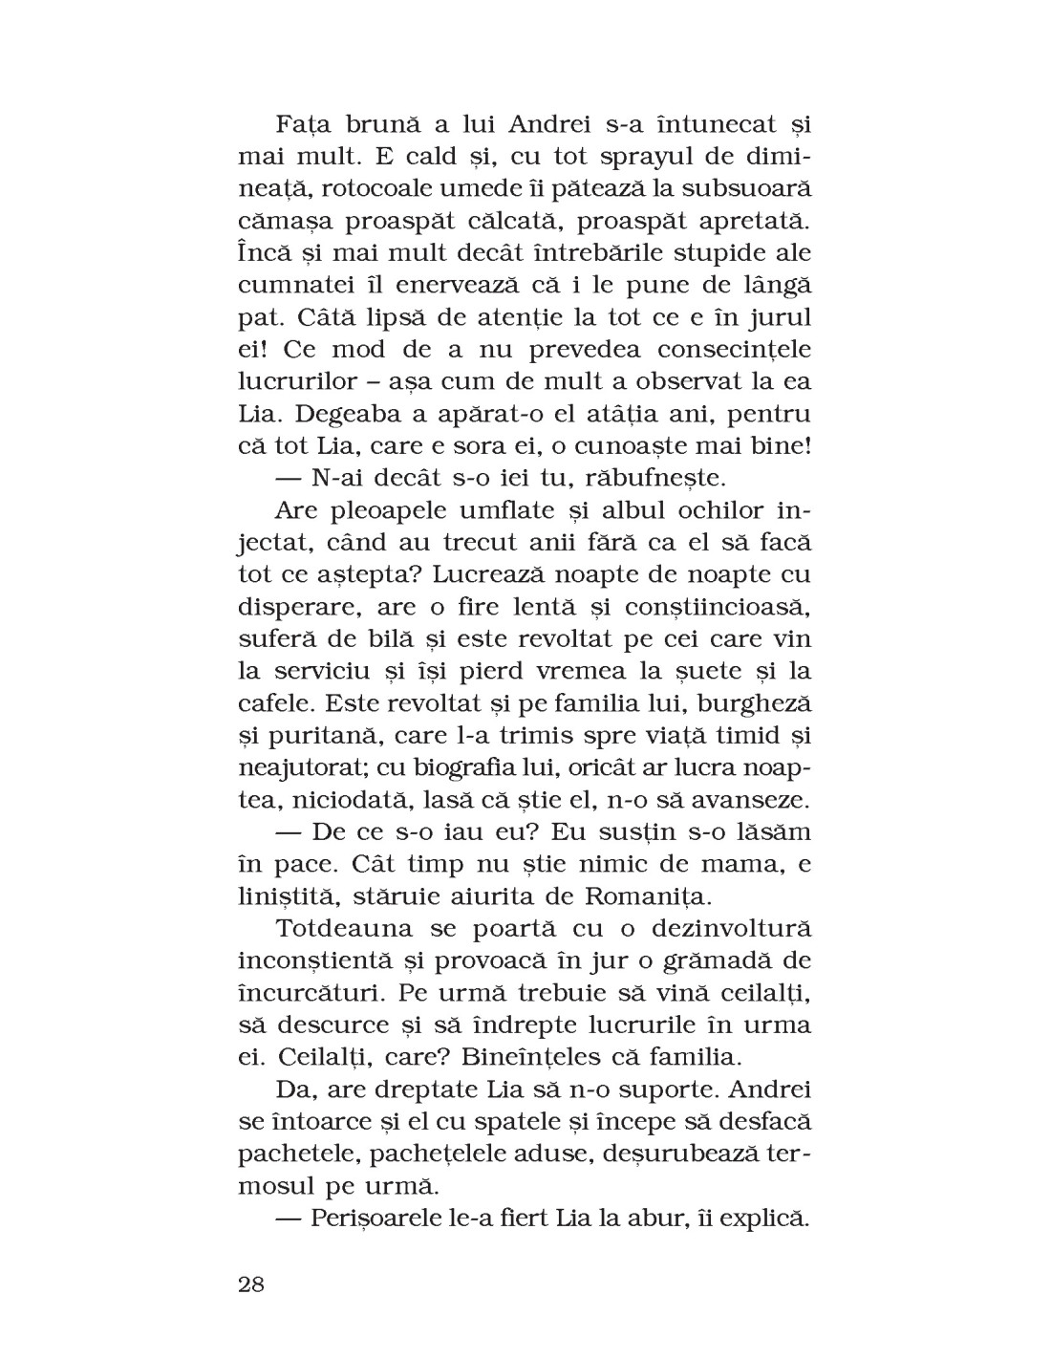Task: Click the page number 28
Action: pyautogui.click(x=250, y=1283)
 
